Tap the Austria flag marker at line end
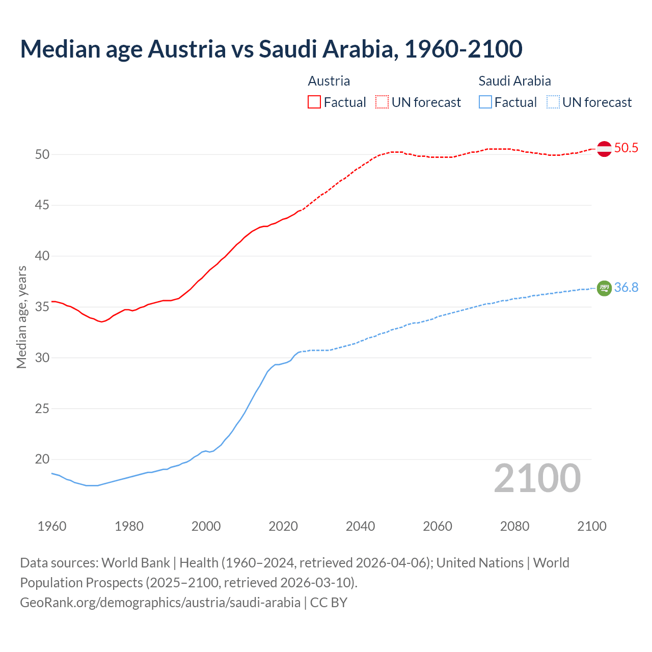604,149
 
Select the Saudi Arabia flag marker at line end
604,288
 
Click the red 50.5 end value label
626,148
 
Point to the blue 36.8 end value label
626,288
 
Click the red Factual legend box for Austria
314,102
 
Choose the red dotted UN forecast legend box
382,102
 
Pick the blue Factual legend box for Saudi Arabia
485,102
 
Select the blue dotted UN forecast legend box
553,102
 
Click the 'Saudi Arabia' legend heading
514,81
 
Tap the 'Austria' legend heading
329,81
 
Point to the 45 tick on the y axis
42,205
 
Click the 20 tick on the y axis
42,459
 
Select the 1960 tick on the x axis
52,526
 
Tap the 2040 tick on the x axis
360,526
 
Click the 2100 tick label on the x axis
591,526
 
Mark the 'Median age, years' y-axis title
22,317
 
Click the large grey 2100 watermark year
537,478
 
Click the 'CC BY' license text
329,603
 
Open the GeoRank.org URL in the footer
160,603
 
